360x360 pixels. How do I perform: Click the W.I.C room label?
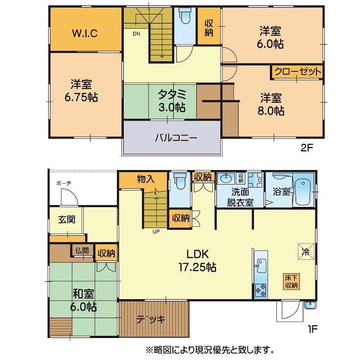[85, 33]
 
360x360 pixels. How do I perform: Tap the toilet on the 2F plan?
[185, 16]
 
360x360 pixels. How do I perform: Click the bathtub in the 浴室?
[303, 190]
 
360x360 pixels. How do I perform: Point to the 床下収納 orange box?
[291, 282]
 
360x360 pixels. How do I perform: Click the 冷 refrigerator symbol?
[306, 252]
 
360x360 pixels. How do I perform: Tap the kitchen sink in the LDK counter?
[261, 265]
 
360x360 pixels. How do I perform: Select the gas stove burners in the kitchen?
[261, 290]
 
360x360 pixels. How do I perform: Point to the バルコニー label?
[176, 138]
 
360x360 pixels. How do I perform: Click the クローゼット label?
[298, 72]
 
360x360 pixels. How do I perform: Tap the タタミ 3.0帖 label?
[172, 100]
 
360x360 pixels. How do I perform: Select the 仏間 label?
[82, 251]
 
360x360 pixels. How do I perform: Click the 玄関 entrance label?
[66, 220]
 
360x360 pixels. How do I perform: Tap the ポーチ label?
[64, 183]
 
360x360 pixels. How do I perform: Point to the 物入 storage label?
[146, 179]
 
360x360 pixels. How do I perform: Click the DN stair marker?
[136, 34]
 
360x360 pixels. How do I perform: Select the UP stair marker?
[156, 232]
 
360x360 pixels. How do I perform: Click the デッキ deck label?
[151, 319]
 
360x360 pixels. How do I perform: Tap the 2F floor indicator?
[307, 148]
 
